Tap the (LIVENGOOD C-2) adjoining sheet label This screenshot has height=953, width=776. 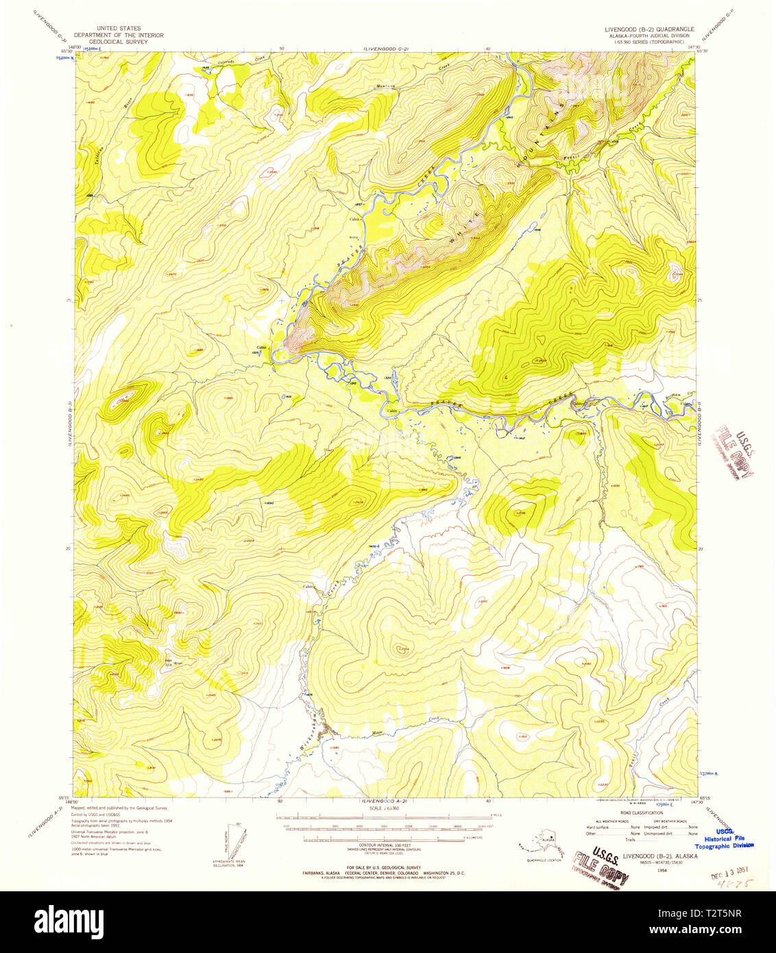(x=385, y=49)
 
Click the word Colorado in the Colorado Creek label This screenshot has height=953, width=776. (x=227, y=62)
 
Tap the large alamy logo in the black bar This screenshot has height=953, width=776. (x=69, y=921)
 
